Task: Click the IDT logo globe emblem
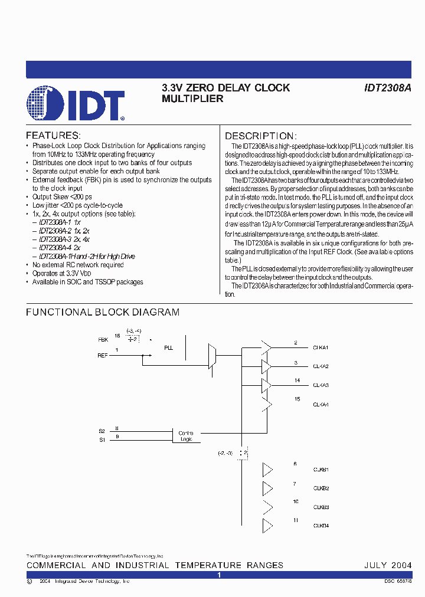point(45,104)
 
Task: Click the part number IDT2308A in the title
point(388,88)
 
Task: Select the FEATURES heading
point(53,135)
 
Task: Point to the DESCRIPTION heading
point(259,136)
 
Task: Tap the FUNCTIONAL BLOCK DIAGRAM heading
point(103,312)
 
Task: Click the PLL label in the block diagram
point(169,348)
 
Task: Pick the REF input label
point(103,356)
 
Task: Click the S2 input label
point(102,431)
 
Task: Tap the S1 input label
point(102,440)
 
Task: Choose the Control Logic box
point(186,436)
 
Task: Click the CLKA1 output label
point(321,348)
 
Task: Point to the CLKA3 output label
point(321,385)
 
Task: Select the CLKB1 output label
point(321,470)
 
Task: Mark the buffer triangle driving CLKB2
point(267,488)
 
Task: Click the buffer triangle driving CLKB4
point(267,526)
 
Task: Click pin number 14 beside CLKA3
point(296,380)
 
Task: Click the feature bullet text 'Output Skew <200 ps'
point(62,196)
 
